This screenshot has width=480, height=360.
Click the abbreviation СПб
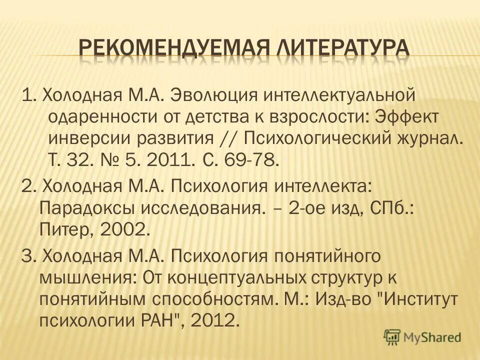(x=392, y=208)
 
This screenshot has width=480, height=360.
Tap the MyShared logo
(x=422, y=336)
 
